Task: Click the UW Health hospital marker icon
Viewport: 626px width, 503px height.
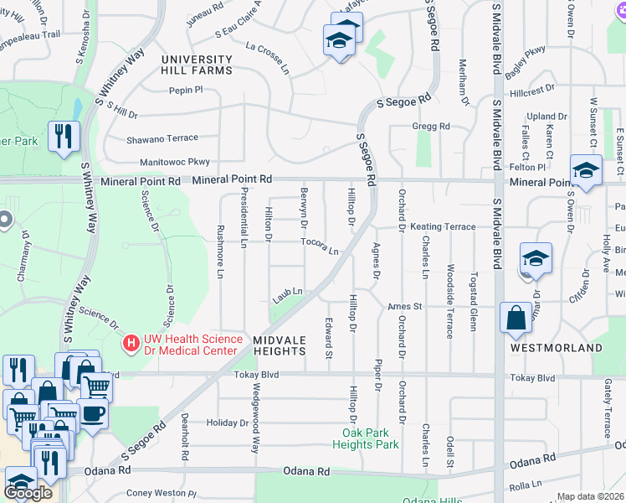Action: [131, 343]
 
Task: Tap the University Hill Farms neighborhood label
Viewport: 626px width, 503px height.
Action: [197, 65]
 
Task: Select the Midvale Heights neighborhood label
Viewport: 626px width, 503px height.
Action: [280, 345]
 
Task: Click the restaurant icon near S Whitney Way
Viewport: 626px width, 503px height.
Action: [64, 136]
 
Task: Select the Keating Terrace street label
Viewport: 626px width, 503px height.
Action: [443, 227]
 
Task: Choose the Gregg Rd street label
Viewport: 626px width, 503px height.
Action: [431, 126]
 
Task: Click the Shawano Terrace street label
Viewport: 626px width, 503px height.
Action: [162, 138]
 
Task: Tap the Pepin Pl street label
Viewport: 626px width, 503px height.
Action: [186, 90]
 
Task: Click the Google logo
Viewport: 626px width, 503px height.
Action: [28, 493]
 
